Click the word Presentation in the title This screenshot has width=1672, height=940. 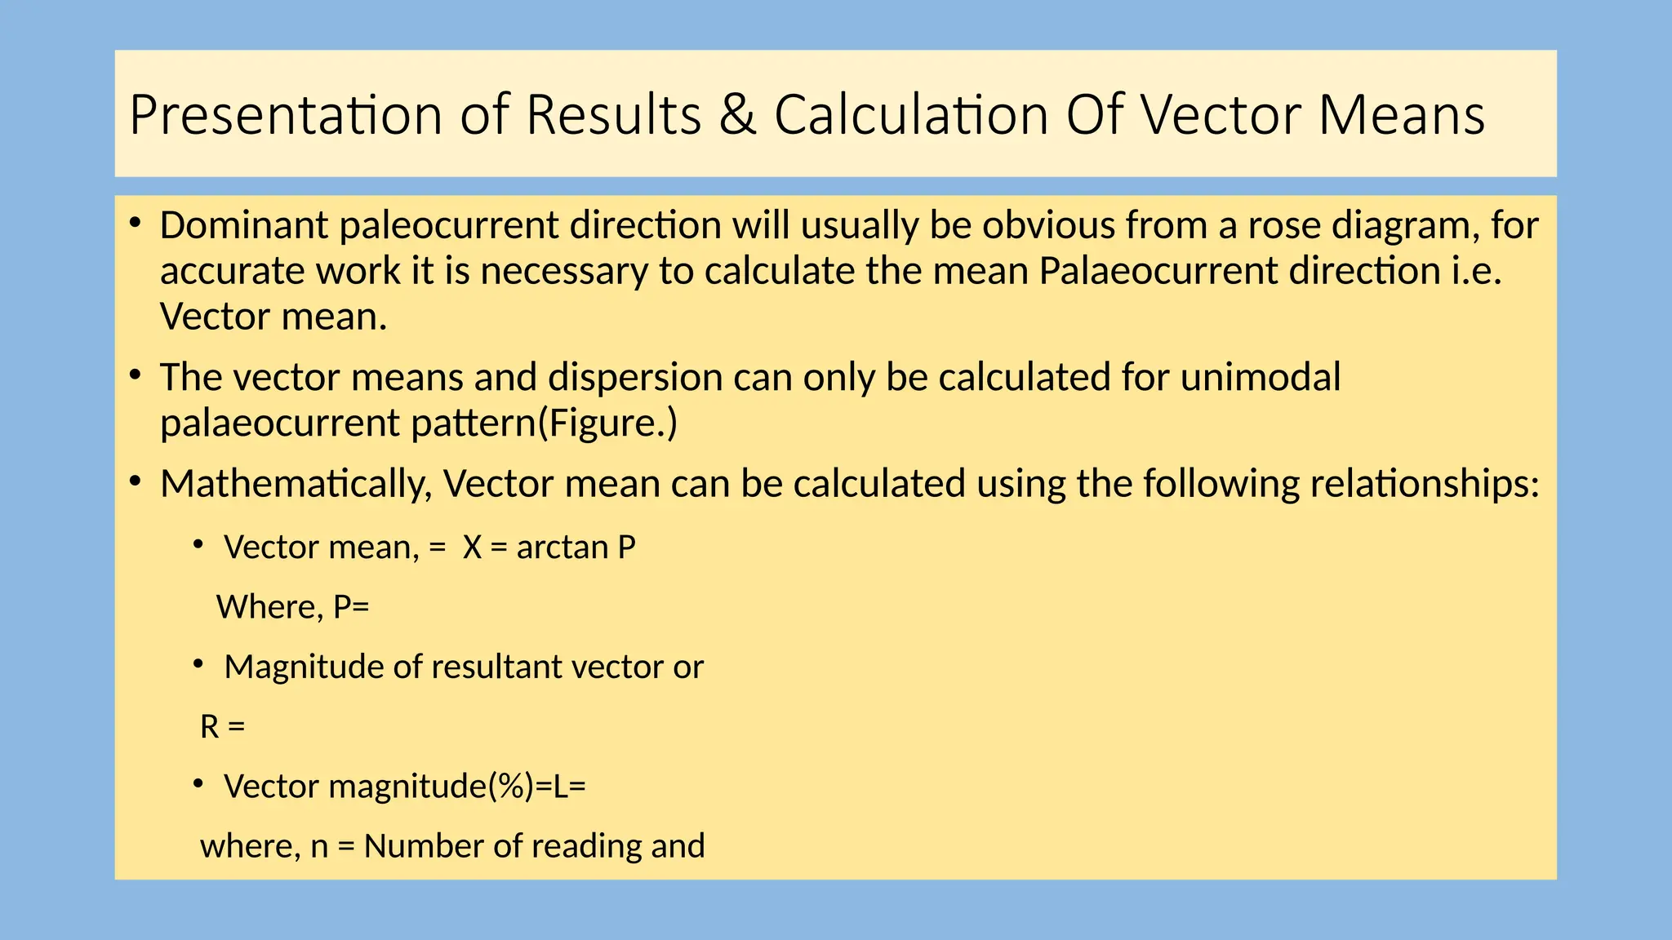point(285,115)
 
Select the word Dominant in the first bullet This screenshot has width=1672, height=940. point(243,226)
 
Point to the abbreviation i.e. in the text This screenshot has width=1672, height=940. point(1477,272)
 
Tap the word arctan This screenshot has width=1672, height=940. point(562,548)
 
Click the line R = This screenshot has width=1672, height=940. point(222,727)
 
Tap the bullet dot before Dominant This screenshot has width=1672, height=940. point(136,222)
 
